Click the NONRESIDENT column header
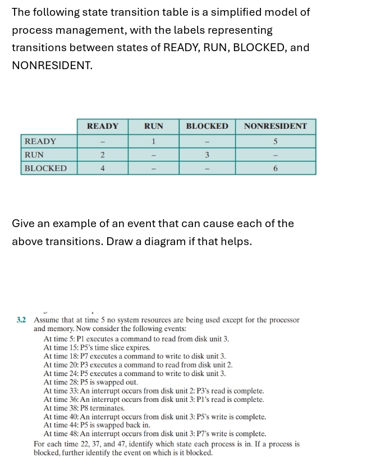[276, 126]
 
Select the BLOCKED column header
[207, 126]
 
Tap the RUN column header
[154, 126]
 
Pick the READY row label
[40, 141]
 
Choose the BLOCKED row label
[45, 168]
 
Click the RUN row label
[35, 154]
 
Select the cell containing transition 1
[154, 141]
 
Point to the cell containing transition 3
[207, 154]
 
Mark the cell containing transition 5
[276, 141]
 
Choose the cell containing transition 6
[276, 168]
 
